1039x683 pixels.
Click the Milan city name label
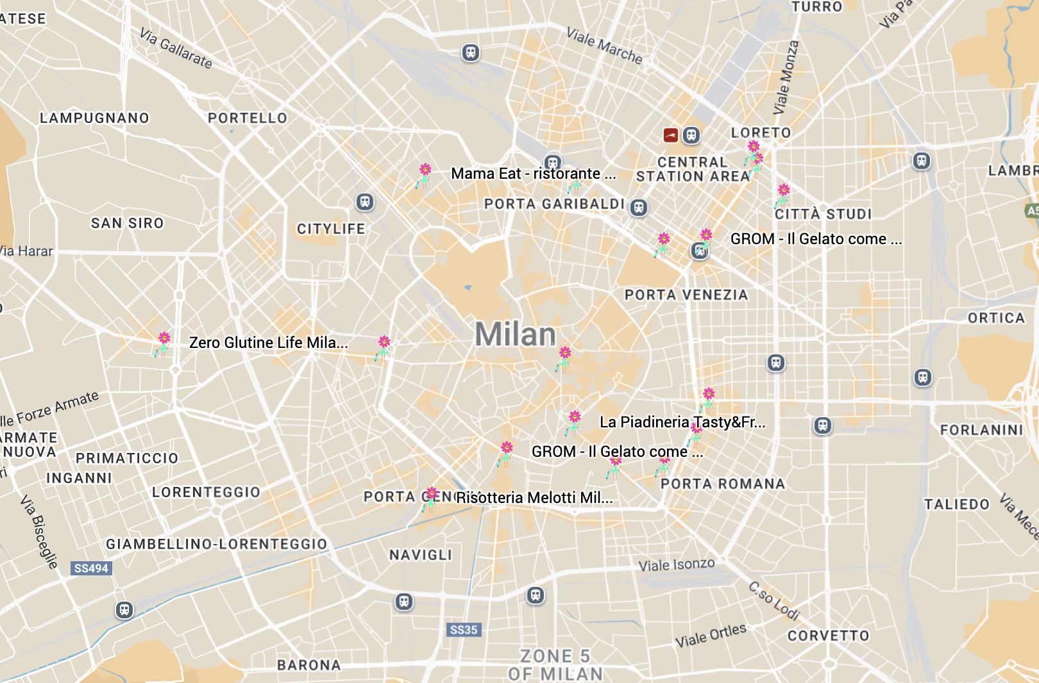(515, 334)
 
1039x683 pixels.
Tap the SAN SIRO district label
(127, 223)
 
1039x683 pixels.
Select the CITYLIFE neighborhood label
(331, 229)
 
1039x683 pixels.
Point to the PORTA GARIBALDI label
(554, 204)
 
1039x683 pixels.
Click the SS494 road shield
(91, 568)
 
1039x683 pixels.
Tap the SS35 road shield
(464, 630)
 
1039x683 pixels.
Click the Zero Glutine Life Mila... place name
(268, 343)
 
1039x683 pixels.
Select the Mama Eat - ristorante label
(533, 174)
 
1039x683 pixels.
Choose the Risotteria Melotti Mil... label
(534, 498)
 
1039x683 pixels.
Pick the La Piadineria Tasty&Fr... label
(682, 422)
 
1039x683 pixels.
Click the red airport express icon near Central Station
(671, 135)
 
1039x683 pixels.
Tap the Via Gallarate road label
(176, 48)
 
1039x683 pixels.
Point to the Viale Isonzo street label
(677, 565)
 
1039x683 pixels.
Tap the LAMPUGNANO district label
(94, 118)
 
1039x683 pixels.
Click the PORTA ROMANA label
(723, 484)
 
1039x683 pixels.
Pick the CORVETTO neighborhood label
(828, 636)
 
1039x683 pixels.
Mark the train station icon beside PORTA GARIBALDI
(639, 208)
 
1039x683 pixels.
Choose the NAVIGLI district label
(421, 555)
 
